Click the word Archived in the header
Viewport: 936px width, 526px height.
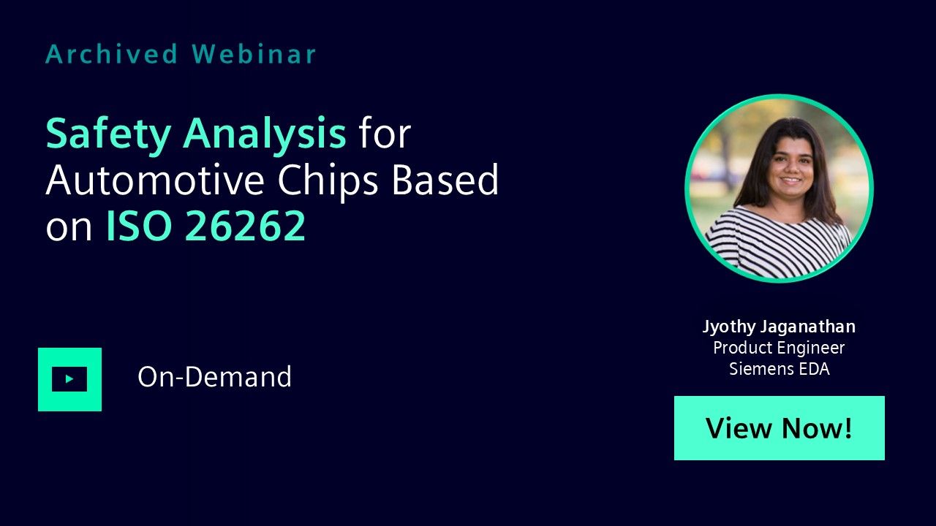tap(112, 54)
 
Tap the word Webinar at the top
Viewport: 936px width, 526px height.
tap(254, 54)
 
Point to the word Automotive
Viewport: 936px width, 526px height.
tap(155, 180)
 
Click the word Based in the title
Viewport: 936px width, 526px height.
tap(445, 180)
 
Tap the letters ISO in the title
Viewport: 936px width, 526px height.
tap(139, 226)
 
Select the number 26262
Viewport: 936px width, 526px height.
tap(245, 226)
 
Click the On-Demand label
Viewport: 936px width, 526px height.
tap(215, 377)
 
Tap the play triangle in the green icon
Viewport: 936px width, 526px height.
tap(69, 379)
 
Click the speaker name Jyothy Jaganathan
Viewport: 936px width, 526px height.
tap(779, 327)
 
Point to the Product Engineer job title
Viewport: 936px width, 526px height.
tap(779, 348)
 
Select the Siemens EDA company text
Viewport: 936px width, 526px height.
tap(780, 369)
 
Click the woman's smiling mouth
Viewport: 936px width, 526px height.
tap(791, 180)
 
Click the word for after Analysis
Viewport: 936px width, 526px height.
tap(385, 134)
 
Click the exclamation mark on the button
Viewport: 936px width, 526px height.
tap(848, 427)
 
